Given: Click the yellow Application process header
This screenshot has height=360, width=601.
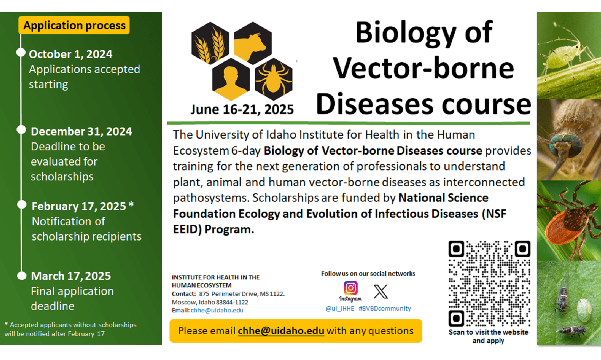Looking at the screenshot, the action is (74, 25).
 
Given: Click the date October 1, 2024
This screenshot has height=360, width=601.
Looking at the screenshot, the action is (71, 54).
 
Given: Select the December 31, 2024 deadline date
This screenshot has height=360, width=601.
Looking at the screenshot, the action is (81, 131).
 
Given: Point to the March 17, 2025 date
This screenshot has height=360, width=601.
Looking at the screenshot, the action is (71, 276).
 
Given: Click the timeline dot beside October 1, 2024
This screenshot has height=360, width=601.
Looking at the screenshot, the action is (21, 53).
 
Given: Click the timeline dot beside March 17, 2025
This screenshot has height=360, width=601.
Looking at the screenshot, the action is (22, 276).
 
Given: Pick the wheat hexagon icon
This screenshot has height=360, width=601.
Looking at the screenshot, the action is (210, 43).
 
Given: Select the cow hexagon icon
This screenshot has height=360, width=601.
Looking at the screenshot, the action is (253, 43).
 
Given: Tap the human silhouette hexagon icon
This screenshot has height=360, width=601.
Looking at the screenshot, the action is (231, 79).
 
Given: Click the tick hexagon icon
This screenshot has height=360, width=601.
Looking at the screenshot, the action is (273, 79).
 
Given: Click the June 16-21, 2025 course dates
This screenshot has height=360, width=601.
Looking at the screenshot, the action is (242, 109).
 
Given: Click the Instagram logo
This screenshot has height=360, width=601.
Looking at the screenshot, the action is (351, 288).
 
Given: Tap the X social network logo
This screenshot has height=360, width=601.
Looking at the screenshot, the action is (381, 291).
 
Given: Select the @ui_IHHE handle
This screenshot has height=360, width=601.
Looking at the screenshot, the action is (340, 308).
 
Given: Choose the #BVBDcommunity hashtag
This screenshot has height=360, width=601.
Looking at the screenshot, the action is (385, 308).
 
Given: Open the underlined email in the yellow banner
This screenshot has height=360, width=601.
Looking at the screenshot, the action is (281, 331).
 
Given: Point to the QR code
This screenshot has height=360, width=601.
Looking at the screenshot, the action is (489, 283).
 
